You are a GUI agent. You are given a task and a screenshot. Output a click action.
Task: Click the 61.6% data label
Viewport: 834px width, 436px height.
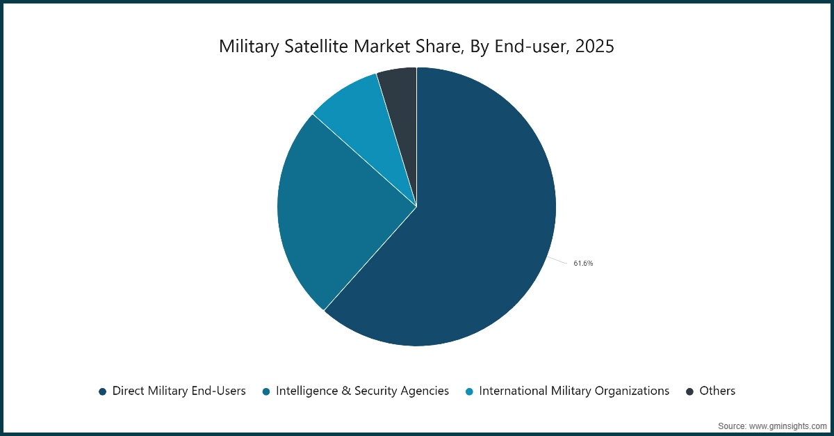click(583, 264)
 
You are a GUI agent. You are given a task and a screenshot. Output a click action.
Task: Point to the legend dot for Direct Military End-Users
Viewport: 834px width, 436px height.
click(103, 391)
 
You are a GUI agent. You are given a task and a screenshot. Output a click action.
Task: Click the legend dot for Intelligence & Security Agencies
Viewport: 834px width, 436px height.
click(266, 391)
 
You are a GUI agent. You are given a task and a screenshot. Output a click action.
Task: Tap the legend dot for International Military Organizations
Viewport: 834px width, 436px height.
click(470, 391)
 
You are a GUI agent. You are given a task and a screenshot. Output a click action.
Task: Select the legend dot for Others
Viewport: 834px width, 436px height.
click(689, 391)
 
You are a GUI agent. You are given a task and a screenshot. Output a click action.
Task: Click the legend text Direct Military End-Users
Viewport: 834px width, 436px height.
click(179, 391)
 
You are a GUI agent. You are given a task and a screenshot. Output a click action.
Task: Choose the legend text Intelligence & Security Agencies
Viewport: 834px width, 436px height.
click(362, 391)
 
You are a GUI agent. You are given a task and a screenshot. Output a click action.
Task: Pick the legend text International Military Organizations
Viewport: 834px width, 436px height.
click(574, 391)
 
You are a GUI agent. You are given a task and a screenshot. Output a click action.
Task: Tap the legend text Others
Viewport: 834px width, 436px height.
click(717, 391)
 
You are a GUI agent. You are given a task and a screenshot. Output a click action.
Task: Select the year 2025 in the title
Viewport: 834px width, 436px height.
click(594, 47)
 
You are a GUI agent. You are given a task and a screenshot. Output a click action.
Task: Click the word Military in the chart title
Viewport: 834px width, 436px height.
click(247, 47)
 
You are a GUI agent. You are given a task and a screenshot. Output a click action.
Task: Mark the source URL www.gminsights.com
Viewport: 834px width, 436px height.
click(785, 425)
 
